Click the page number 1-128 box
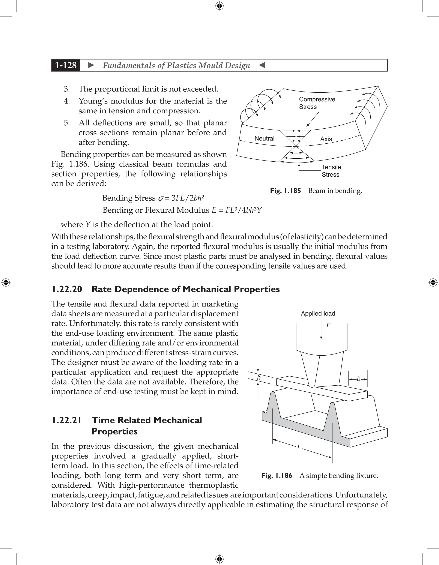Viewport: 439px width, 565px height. (x=66, y=65)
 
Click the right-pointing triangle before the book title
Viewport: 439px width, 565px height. (x=91, y=65)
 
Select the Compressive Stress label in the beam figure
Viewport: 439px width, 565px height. (x=317, y=103)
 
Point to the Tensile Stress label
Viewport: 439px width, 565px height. (x=331, y=171)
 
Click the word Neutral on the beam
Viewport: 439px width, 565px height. (x=264, y=138)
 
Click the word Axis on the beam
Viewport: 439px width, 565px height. (x=326, y=139)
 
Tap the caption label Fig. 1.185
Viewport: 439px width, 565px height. (x=285, y=191)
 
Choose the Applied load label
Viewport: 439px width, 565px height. (x=318, y=314)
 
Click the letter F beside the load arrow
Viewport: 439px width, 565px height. (x=329, y=325)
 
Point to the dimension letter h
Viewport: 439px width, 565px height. (x=259, y=378)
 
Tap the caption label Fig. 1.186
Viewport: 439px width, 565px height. (x=277, y=475)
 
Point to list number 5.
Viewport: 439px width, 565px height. (x=67, y=123)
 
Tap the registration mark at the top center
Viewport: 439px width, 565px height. (x=219, y=6)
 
